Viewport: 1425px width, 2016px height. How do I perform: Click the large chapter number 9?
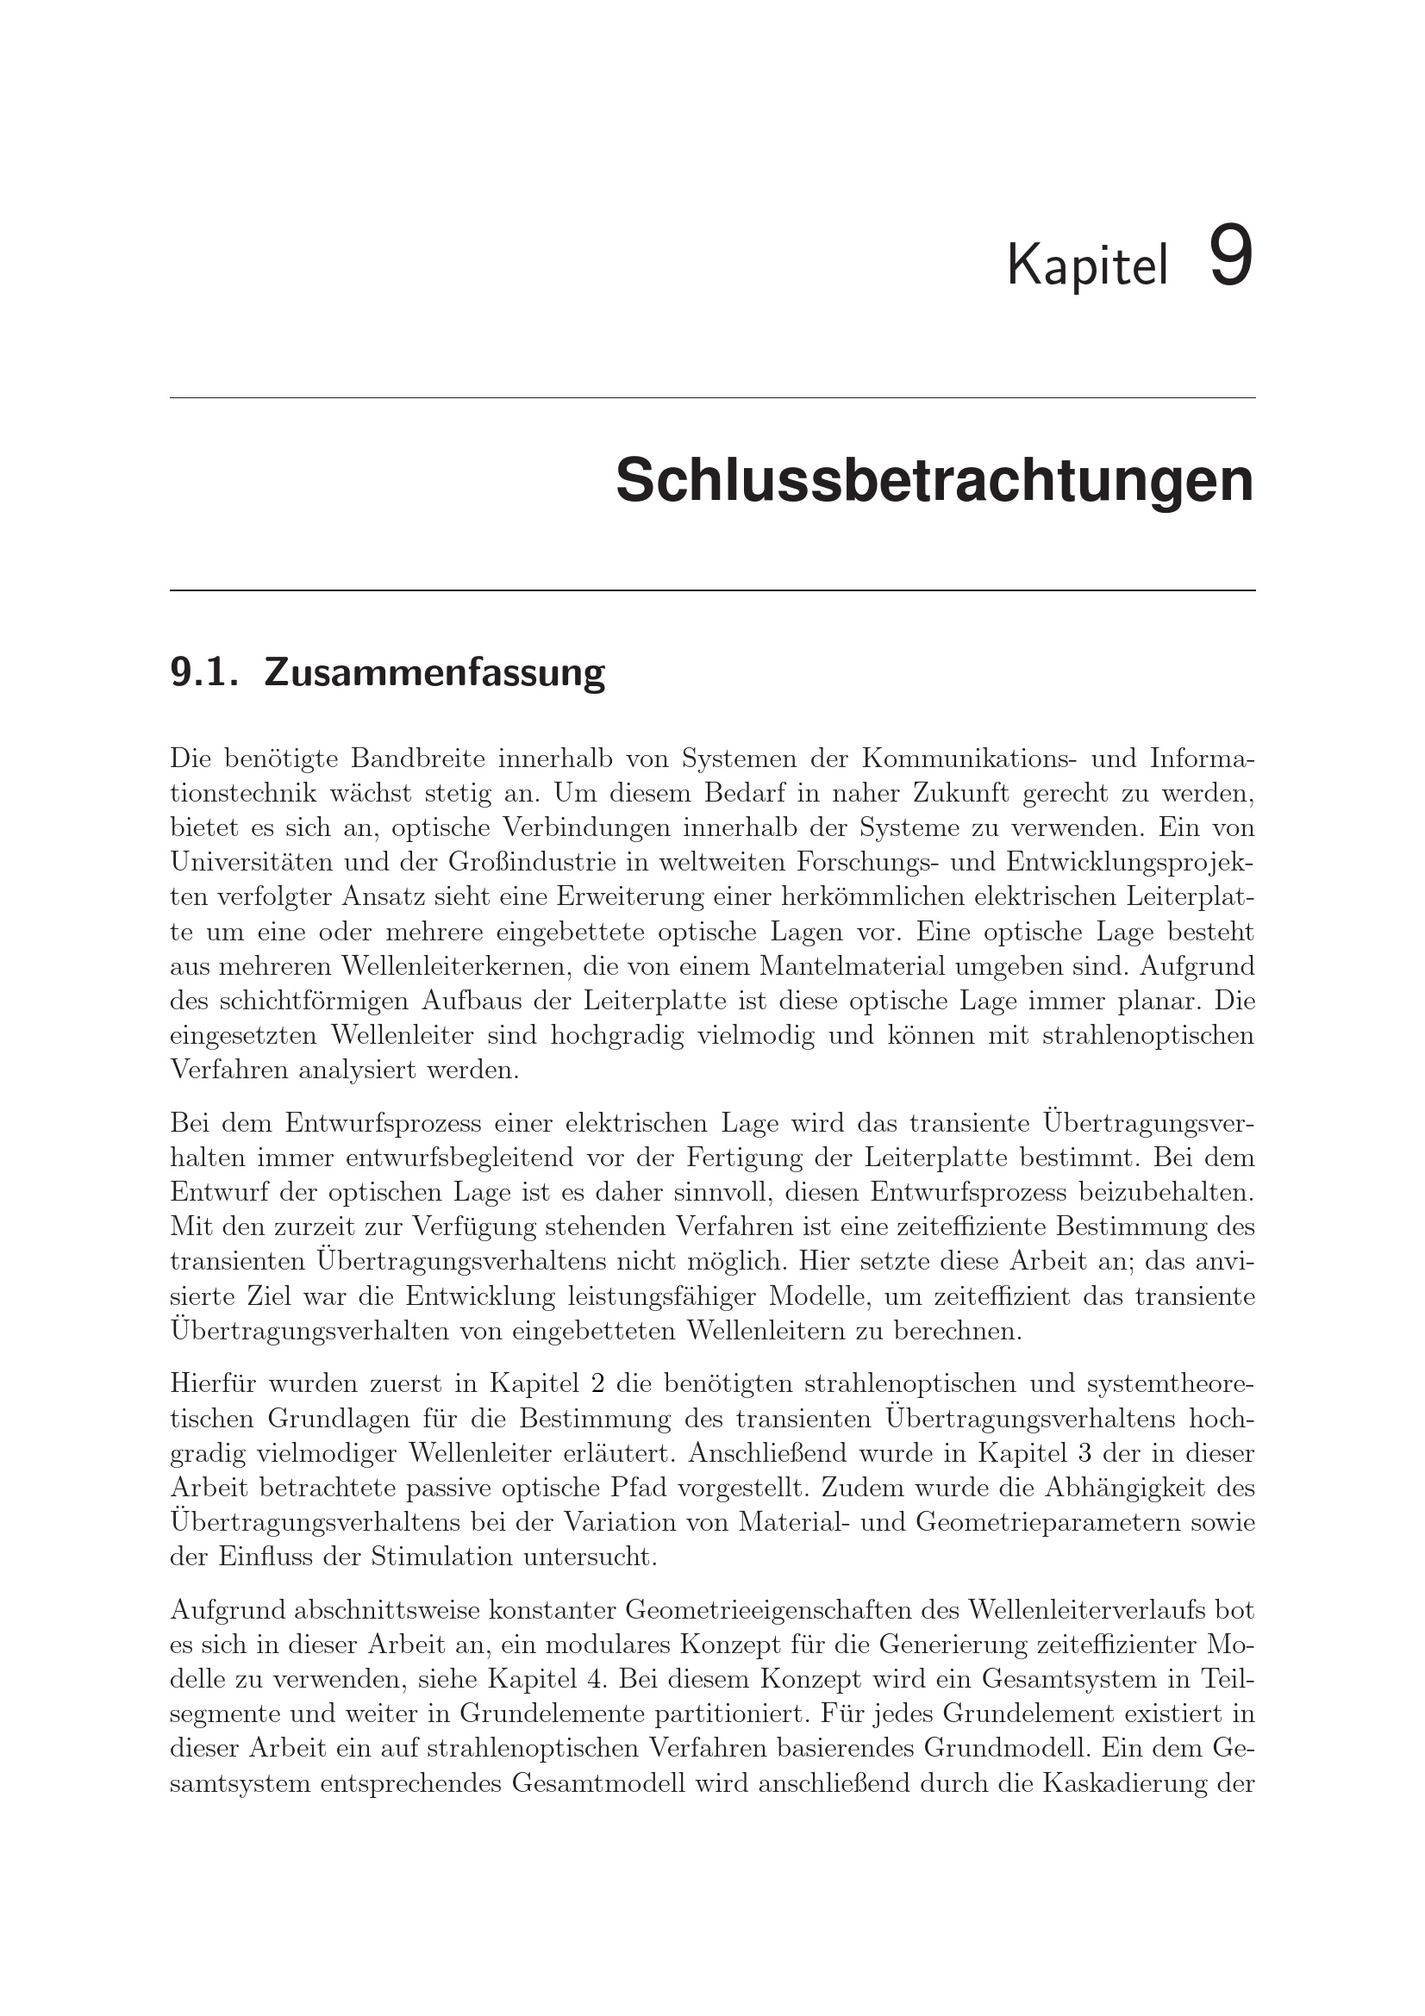(x=1231, y=256)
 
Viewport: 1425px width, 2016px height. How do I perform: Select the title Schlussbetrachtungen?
(x=934, y=481)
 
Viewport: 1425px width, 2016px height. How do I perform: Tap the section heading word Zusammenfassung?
(x=434, y=671)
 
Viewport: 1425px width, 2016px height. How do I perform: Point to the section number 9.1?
(x=203, y=671)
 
